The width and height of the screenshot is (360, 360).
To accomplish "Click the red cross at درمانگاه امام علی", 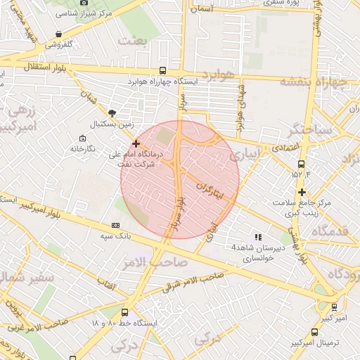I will (136, 143).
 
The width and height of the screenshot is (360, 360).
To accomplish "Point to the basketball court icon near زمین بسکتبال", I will (112, 112).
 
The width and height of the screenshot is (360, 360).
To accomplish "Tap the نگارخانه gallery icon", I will (73, 149).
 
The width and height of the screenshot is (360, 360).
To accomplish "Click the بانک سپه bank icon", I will (116, 225).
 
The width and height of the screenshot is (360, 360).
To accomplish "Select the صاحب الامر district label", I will (160, 261).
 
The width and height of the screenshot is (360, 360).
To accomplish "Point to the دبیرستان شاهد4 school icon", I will (258, 237).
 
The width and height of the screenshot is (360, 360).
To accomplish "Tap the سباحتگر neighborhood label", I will (305, 129).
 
